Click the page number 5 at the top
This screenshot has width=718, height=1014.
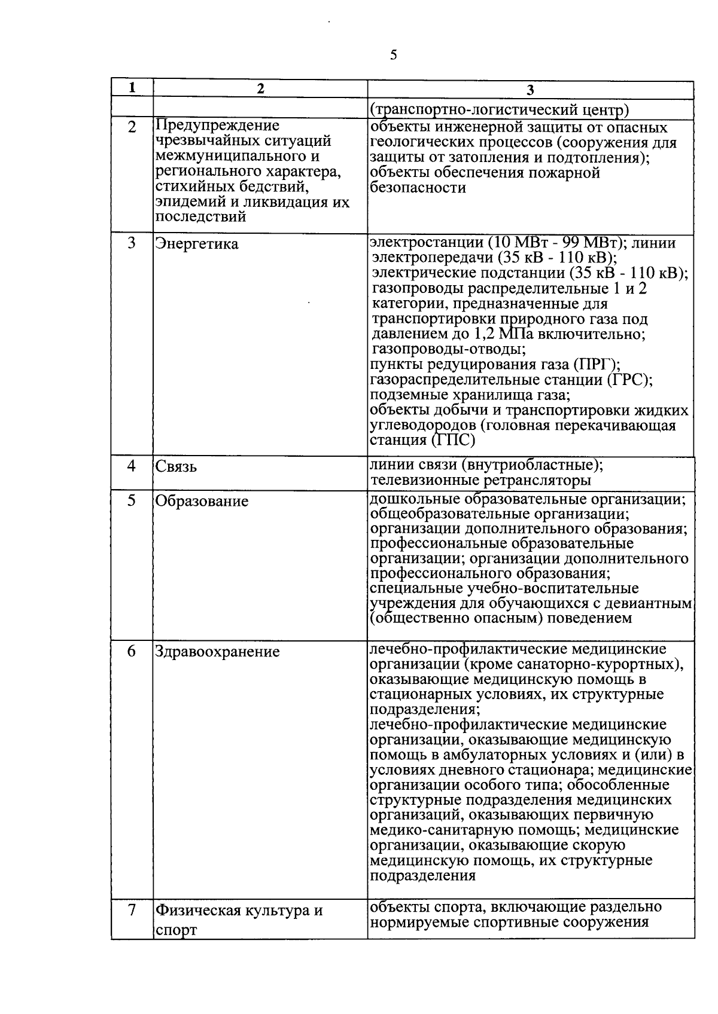pyautogui.click(x=393, y=56)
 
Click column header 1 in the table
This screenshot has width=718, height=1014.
pyautogui.click(x=132, y=87)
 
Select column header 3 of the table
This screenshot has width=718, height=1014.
pyautogui.click(x=530, y=90)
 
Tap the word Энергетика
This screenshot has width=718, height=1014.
pyautogui.click(x=196, y=244)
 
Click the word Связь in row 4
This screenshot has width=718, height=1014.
pyautogui.click(x=176, y=467)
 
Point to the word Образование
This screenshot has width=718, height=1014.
pyautogui.click(x=202, y=501)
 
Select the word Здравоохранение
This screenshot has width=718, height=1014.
pyautogui.click(x=217, y=652)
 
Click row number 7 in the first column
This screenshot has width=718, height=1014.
pyautogui.click(x=132, y=910)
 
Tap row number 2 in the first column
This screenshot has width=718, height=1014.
pyautogui.click(x=132, y=127)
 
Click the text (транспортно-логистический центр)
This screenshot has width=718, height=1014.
pyautogui.click(x=500, y=110)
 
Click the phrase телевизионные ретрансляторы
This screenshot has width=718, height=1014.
pyautogui.click(x=480, y=480)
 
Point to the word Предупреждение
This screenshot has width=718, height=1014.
pyautogui.click(x=217, y=126)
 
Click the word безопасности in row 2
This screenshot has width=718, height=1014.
pyautogui.click(x=418, y=188)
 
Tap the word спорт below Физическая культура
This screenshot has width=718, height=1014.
pyautogui.click(x=177, y=931)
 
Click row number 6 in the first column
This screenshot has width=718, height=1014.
pyautogui.click(x=132, y=651)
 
